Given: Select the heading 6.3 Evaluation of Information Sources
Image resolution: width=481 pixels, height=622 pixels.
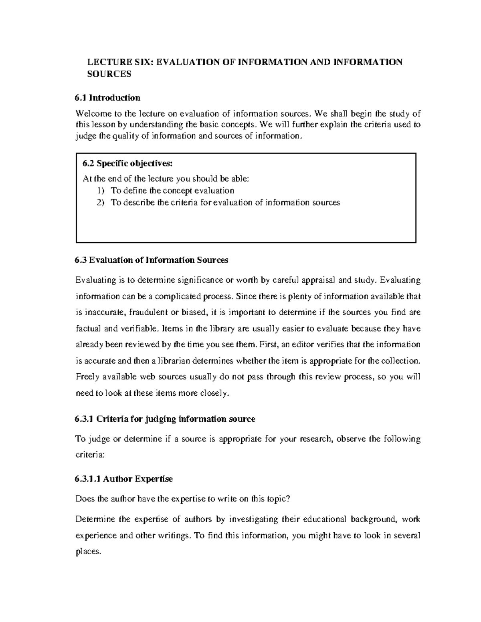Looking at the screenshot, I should pos(152,260).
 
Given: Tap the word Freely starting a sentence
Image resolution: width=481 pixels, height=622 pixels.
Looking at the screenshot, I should pos(88,377).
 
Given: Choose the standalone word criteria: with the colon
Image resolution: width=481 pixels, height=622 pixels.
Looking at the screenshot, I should pos(90,455).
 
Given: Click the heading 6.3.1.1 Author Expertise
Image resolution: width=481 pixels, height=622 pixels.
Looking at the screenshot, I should pos(124,479).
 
